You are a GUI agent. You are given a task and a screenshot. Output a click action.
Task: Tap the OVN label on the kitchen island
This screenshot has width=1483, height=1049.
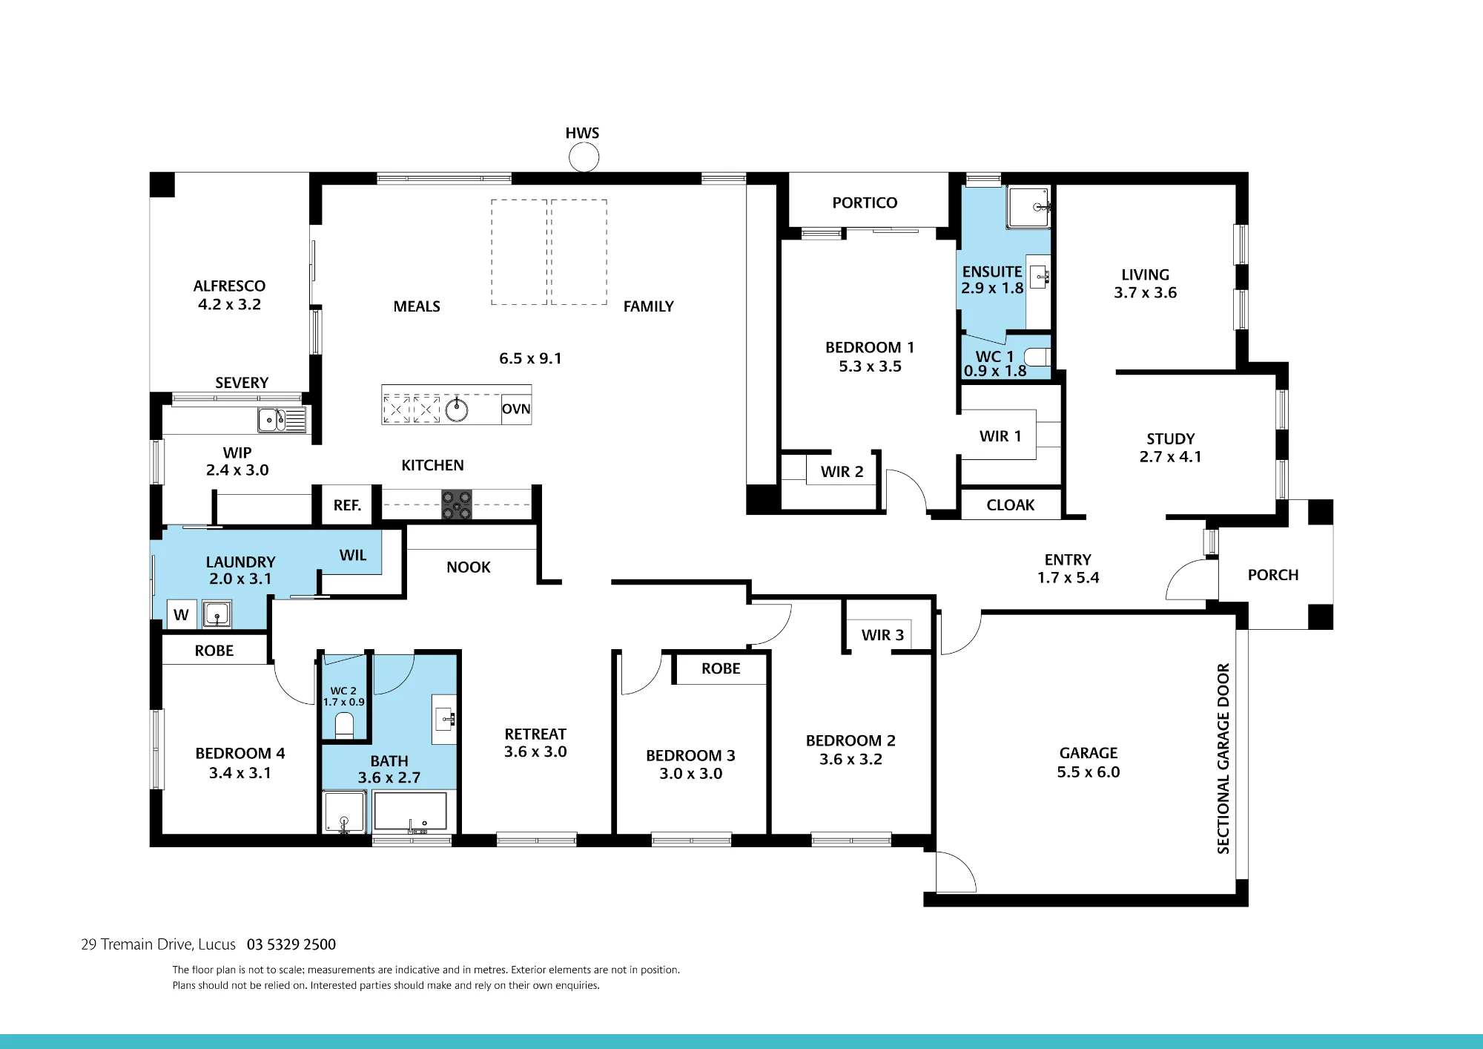point(516,409)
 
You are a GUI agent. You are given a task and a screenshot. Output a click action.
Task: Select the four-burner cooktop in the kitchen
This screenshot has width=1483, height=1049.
point(457,504)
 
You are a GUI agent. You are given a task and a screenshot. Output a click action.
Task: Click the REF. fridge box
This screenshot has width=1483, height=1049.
point(347,505)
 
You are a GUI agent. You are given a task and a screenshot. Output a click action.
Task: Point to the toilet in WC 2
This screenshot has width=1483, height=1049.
point(344,725)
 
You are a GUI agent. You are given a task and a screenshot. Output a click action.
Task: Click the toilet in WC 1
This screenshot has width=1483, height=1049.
point(1038,357)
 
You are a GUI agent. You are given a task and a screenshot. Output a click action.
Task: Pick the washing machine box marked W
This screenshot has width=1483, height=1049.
point(182,614)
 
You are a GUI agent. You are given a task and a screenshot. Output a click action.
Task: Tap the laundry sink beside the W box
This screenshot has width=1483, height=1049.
point(217,614)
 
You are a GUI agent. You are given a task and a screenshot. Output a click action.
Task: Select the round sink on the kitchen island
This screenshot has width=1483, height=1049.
point(457,409)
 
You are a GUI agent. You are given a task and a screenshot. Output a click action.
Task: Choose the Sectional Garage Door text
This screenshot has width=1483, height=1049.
point(1223,758)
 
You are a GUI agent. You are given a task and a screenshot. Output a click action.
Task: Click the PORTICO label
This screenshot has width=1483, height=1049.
point(865,203)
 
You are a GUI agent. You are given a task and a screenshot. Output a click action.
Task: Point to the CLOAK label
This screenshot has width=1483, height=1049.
point(1010,505)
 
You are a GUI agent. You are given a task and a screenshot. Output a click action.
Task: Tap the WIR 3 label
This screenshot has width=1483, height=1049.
point(882,635)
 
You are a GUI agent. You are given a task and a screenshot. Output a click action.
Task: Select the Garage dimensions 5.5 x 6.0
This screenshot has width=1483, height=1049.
point(1089,772)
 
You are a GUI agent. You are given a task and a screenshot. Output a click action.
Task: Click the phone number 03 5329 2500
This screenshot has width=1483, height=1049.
point(291,944)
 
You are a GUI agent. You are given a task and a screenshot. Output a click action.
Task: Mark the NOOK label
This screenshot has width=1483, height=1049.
point(469,568)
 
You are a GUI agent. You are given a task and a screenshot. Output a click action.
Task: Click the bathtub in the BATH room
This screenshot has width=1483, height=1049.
point(411,811)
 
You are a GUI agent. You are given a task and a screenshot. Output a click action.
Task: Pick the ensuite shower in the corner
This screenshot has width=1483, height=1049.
point(1028,207)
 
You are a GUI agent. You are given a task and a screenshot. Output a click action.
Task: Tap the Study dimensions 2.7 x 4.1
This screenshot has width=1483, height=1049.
point(1170,457)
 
